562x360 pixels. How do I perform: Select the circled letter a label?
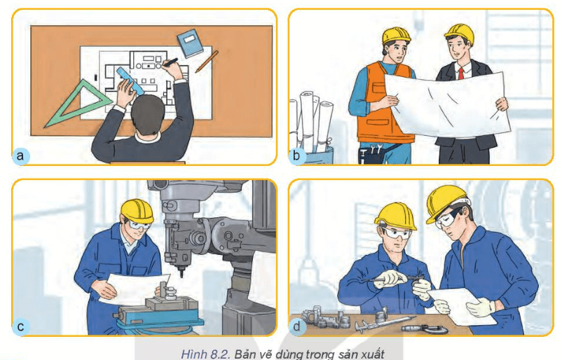22,155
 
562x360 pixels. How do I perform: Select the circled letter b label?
297,155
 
